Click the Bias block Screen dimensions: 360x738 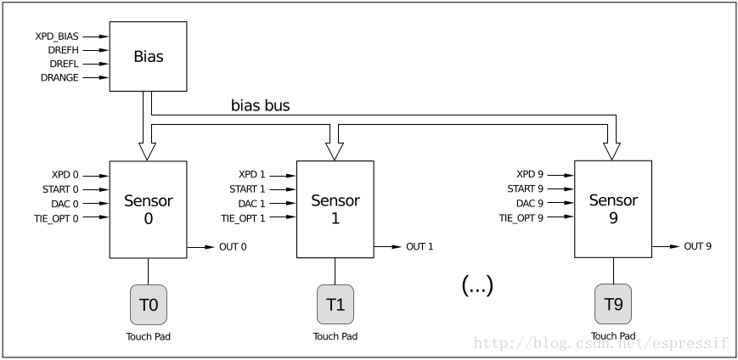[x=148, y=57]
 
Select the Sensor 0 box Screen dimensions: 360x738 [x=148, y=209]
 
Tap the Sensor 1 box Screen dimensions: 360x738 [x=335, y=209]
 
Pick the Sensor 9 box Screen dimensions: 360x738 [x=613, y=209]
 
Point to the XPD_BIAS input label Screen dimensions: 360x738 [x=56, y=37]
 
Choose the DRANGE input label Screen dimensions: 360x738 [x=59, y=77]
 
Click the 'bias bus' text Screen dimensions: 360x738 [x=260, y=106]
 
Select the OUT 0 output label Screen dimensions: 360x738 [x=234, y=247]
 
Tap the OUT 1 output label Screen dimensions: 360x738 [x=420, y=247]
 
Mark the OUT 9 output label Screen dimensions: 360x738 [x=698, y=246]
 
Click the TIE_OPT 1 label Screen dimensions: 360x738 [x=244, y=218]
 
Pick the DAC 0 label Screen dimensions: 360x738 [x=63, y=204]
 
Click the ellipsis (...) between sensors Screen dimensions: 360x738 [x=476, y=286]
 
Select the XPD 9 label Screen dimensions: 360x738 [x=529, y=175]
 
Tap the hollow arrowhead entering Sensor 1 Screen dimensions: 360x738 [x=335, y=150]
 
